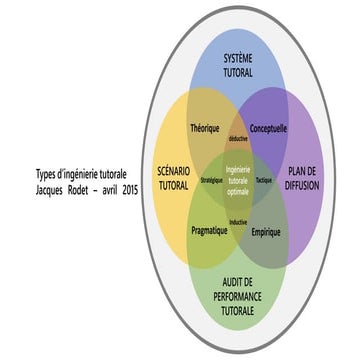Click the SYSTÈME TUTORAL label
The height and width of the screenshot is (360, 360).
238,66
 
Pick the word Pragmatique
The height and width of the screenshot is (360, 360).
210,230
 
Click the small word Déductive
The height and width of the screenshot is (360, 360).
238,138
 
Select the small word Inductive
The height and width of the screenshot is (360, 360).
238,221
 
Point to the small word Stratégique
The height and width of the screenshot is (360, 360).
211,180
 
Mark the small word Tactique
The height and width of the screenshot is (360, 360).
263,180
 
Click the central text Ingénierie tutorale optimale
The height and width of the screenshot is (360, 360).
238,179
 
